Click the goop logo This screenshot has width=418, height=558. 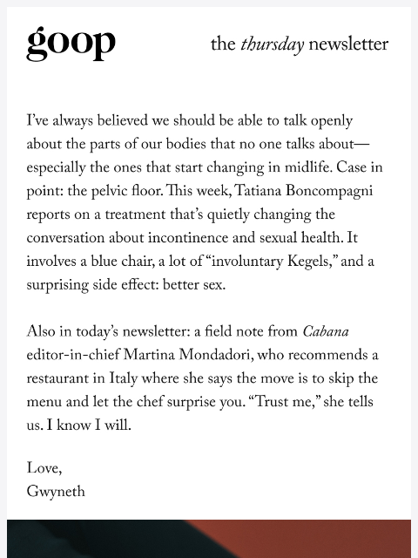point(71,44)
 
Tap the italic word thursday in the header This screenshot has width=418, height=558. point(272,44)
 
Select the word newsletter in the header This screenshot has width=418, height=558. point(348,44)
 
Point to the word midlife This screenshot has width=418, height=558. point(301,168)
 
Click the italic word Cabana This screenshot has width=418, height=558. point(326,332)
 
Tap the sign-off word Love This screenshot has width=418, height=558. point(44,469)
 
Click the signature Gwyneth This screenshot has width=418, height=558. point(56,493)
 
